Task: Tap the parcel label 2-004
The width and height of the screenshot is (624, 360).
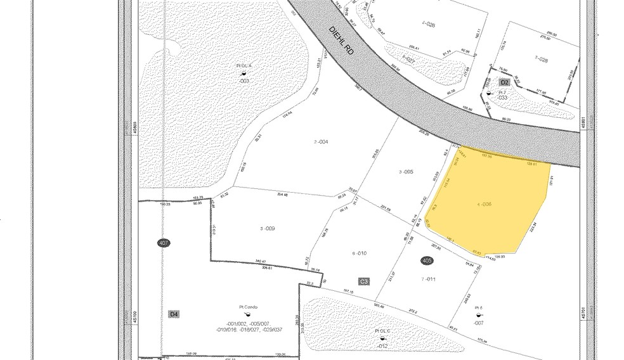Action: click(x=321, y=141)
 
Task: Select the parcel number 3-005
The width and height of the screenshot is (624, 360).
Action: click(x=406, y=172)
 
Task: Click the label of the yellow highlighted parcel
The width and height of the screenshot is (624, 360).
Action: click(x=484, y=204)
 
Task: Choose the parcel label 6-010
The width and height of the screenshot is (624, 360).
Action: click(x=360, y=253)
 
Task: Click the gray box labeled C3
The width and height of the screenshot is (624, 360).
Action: click(x=364, y=281)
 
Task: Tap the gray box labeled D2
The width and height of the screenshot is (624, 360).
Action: click(x=505, y=82)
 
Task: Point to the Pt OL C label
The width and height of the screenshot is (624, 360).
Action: click(x=383, y=331)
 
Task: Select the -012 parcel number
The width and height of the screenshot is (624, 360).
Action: click(x=382, y=346)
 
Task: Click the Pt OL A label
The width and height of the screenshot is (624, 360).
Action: click(x=244, y=66)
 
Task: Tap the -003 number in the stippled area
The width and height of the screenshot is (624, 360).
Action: click(x=243, y=81)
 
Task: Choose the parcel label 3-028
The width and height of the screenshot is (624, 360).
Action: click(x=540, y=58)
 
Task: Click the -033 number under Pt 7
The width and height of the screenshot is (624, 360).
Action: click(x=502, y=98)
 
